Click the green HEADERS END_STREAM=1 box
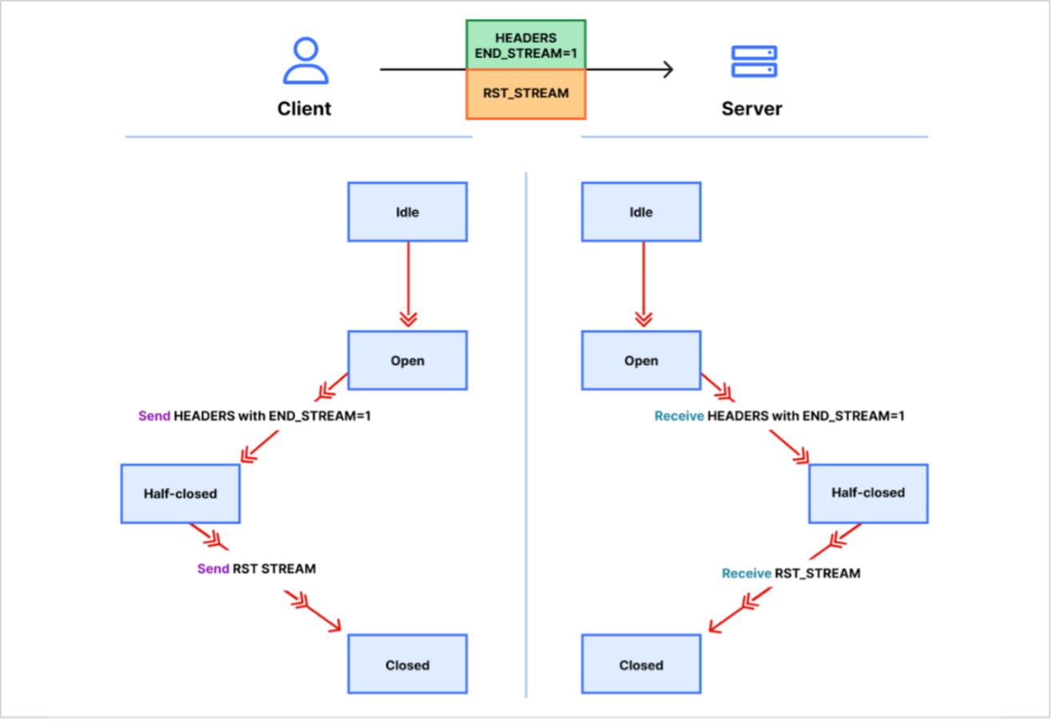point(526,45)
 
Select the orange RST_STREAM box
point(526,94)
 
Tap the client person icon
point(305,62)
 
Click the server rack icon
point(754,62)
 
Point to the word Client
point(305,108)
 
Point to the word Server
point(751,108)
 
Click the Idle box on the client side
point(407,212)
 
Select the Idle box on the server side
point(641,212)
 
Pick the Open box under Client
point(407,361)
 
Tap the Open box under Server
point(641,361)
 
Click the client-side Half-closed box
point(181,493)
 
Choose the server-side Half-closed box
point(868,493)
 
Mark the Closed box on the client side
point(407,665)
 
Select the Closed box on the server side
point(641,665)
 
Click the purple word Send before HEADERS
point(154,417)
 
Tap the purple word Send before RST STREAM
point(213,569)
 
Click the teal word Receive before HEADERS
point(679,417)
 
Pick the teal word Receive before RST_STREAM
point(747,573)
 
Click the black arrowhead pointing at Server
point(667,70)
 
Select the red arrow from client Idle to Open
point(408,284)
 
